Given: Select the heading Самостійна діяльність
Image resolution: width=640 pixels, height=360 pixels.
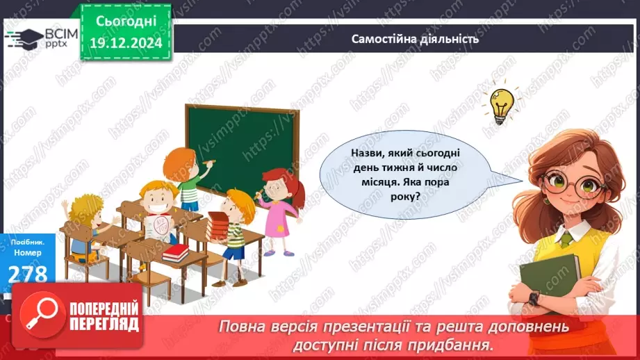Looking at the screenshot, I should point(415,39).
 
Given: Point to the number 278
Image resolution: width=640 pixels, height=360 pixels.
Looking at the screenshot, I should point(28,273).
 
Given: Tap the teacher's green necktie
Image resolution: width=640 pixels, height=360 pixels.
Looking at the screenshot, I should point(566,238).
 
